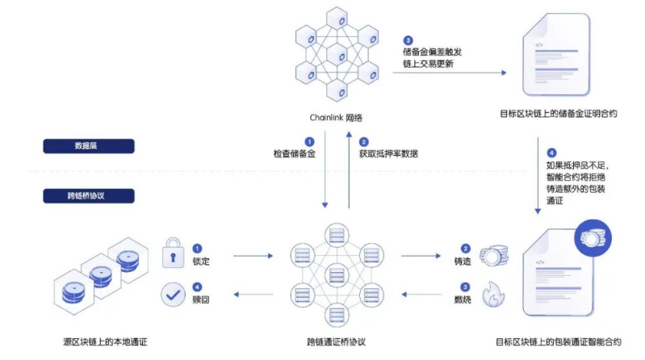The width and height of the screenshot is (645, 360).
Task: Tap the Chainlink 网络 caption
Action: pyautogui.click(x=336, y=116)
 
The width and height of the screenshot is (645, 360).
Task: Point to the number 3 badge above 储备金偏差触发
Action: pyautogui.click(x=408, y=40)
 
